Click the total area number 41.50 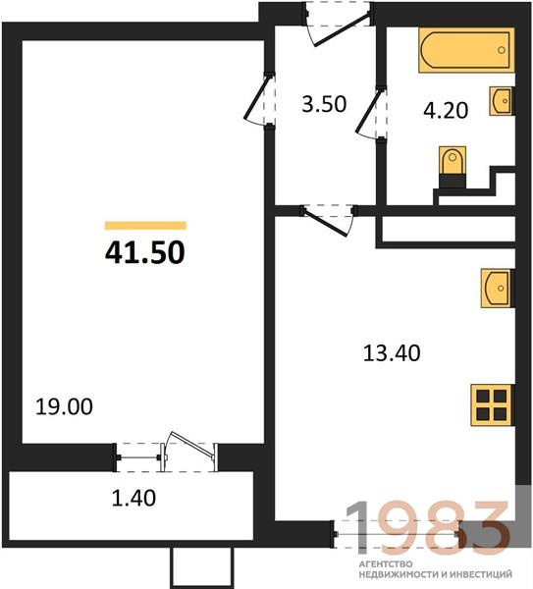click(145, 252)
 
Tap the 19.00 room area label click(64, 407)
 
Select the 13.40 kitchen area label click(392, 353)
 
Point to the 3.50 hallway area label click(324, 104)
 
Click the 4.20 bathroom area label click(446, 110)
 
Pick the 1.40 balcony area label click(133, 498)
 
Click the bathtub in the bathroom click(466, 50)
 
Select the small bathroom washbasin click(501, 101)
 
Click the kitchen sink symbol click(497, 288)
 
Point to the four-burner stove click(492, 405)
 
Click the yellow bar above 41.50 click(145, 226)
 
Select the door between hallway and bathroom click(369, 112)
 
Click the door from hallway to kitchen click(328, 222)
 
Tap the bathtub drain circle click(501, 50)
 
